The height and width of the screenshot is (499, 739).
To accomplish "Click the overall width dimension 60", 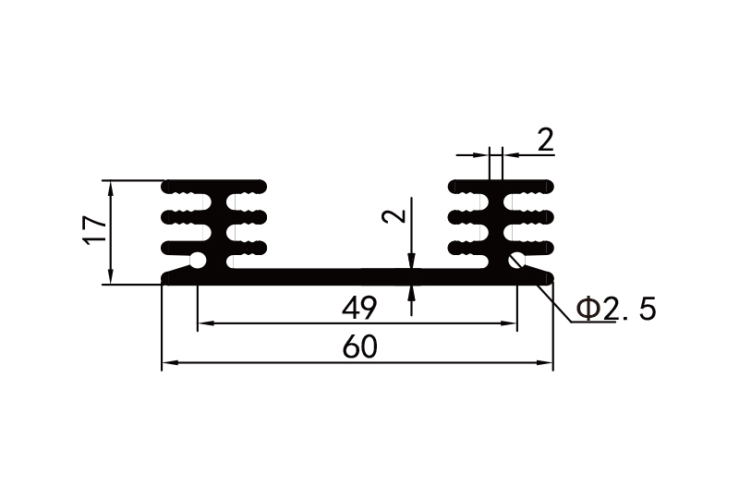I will (358, 347).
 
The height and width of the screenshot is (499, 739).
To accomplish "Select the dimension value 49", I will (358, 306).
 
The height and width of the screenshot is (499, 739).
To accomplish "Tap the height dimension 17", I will (93, 231).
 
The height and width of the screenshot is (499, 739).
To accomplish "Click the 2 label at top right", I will (545, 140).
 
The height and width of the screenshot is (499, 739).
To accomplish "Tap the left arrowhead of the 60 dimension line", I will (169, 364).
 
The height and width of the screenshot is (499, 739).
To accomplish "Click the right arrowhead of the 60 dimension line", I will (546, 364).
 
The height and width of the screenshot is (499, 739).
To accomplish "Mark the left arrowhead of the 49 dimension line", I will (204, 323).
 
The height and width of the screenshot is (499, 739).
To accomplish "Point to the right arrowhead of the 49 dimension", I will (509, 323).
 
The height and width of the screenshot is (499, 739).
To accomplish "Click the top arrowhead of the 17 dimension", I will (111, 187).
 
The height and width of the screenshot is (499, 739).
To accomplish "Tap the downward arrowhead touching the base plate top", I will (411, 264).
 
